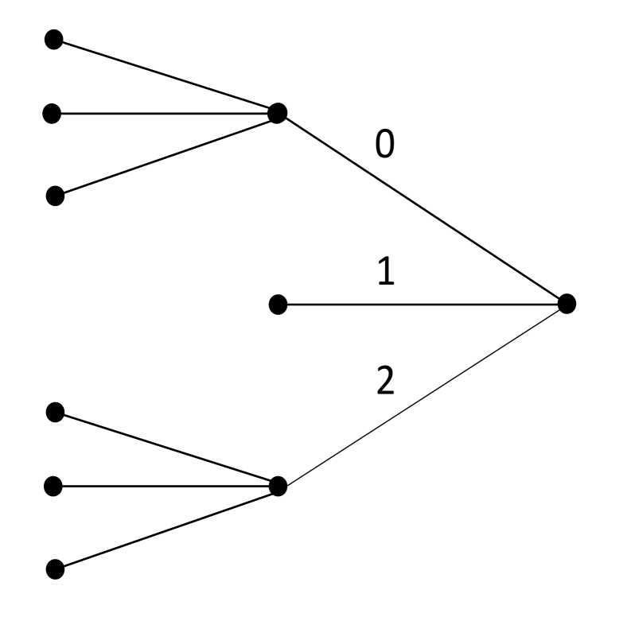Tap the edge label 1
tap(383, 274)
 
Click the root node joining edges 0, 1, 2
tap(566, 303)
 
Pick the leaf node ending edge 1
tap(278, 304)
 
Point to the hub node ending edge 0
tap(277, 113)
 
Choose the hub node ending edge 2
tap(277, 485)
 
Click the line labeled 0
tap(422, 208)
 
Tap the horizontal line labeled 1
tap(422, 304)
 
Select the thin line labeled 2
tap(422, 394)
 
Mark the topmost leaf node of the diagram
tap(53, 40)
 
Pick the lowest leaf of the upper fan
tap(54, 193)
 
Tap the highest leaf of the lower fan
tap(54, 412)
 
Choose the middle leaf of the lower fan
tap(53, 485)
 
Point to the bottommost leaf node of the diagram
tap(54, 568)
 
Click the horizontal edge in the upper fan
tap(164, 113)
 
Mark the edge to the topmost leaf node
tap(165, 76)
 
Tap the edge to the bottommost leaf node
tap(165, 526)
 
